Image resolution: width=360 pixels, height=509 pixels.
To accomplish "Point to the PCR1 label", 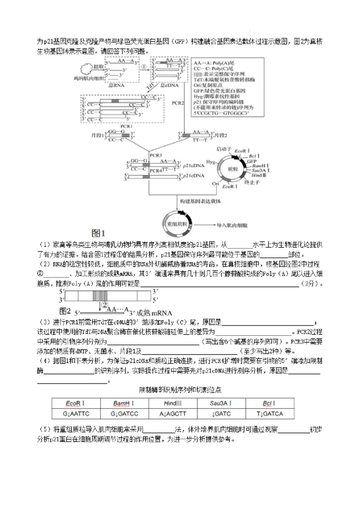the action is [126, 126].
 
